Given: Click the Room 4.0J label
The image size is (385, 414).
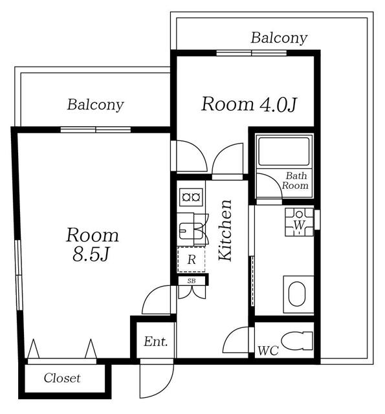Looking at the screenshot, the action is point(249,105).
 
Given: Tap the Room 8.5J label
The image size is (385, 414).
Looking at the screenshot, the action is point(92,245).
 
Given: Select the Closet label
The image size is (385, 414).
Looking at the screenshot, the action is point(62,378).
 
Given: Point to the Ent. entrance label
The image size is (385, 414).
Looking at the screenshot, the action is point(156,342).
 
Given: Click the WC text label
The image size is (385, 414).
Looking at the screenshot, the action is point(268,351).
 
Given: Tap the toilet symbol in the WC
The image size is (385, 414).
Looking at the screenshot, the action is point(297,341).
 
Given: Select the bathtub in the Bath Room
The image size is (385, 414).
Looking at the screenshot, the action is point(284,151).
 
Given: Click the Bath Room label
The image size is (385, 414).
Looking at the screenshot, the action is point(296,180).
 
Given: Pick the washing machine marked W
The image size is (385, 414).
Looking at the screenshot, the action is point(299,222).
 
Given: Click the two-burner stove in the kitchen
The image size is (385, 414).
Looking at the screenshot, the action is point(191,197).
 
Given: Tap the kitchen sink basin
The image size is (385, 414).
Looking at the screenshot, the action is point(191,230).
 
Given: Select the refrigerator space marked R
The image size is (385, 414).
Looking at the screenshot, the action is point(191,259).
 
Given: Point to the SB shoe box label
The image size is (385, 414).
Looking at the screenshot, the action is point(192,281).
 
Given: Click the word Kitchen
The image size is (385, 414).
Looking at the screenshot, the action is point(225,230).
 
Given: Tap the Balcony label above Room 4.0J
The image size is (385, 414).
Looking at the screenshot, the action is point(279,38).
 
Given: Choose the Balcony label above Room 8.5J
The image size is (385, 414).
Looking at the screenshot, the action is point(95,105).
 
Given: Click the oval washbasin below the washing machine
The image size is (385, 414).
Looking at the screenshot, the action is point(297,294).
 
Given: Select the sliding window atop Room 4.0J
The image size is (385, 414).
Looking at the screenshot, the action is point(252,53).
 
